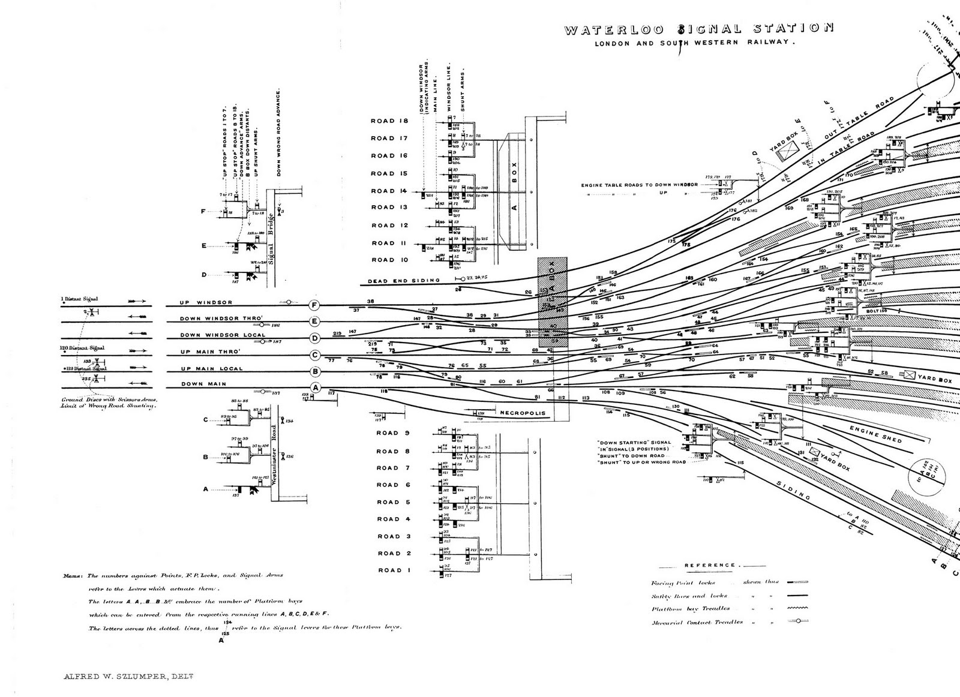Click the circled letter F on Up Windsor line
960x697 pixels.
314,305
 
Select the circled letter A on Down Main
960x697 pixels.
316,388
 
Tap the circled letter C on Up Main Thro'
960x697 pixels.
314,355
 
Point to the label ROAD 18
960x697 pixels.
389,121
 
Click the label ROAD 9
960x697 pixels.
393,432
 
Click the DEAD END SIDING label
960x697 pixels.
404,280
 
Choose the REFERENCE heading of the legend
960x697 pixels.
710,565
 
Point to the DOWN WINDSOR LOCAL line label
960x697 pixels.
223,335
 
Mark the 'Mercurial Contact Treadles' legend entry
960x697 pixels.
697,623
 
